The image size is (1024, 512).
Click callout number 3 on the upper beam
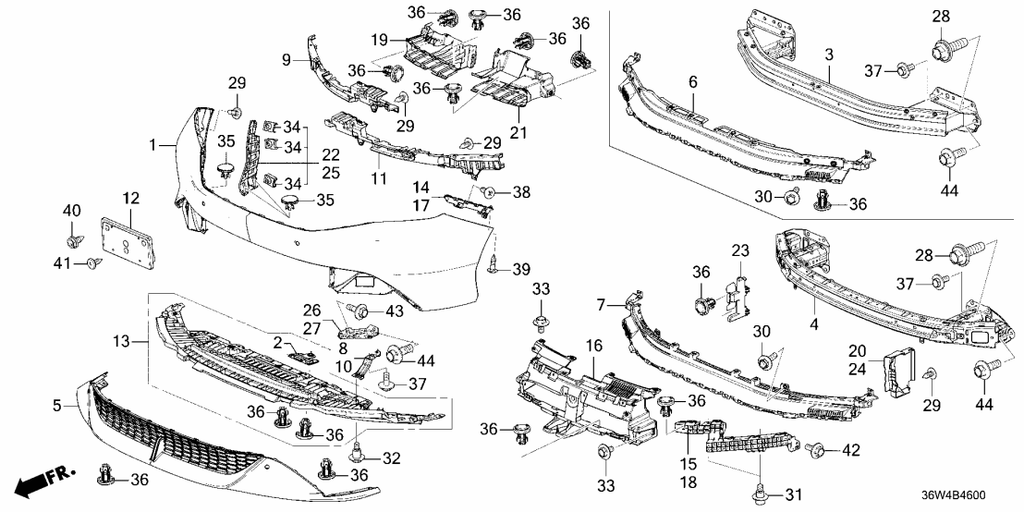click(829, 55)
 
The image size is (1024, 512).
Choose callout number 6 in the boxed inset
click(692, 82)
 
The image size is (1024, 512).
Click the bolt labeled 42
click(816, 450)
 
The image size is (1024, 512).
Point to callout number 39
click(521, 269)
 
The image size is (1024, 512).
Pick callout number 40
click(72, 213)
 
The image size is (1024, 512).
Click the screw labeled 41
click(92, 265)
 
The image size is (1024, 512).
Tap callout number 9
click(287, 59)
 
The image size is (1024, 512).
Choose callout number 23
click(740, 250)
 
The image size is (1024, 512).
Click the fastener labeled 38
click(489, 192)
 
